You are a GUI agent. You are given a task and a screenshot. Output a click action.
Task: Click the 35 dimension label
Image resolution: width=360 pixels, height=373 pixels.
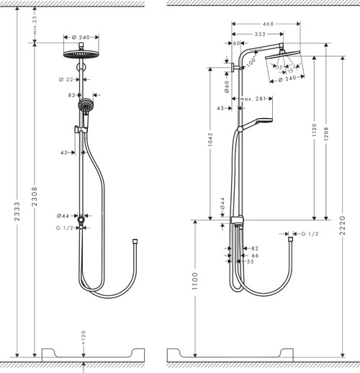250,262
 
